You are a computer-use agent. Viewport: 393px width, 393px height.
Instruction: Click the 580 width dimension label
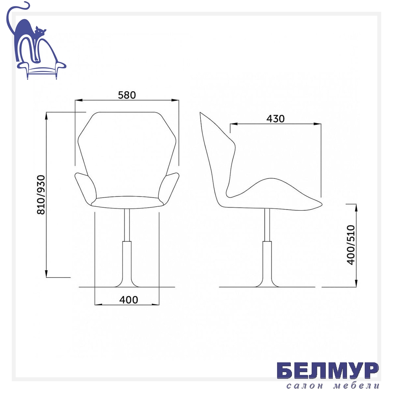(x=127, y=95)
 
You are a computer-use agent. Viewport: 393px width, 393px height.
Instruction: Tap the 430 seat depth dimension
(x=275, y=119)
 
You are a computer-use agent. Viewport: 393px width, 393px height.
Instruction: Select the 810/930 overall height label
(x=41, y=195)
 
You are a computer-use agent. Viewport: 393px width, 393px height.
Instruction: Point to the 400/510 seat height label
(x=351, y=245)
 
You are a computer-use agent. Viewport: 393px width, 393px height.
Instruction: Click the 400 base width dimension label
(x=129, y=300)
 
